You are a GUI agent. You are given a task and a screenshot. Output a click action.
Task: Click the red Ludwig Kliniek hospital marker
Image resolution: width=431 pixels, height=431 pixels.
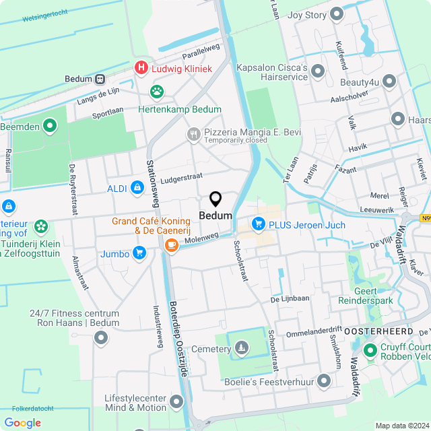coord(141,68)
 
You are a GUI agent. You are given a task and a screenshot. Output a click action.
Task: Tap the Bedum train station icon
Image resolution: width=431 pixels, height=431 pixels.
coord(100,79)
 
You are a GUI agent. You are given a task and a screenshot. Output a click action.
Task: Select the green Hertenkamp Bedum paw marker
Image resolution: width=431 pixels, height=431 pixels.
coord(157,91)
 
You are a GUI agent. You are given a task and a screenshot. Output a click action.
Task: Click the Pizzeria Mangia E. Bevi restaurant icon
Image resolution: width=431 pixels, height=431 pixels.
coord(194,135)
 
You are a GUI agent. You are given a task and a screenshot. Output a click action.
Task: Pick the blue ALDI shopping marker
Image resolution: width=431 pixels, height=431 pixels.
coord(137,187)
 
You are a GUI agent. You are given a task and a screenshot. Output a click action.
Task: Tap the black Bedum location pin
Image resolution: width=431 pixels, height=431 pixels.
coord(215,199)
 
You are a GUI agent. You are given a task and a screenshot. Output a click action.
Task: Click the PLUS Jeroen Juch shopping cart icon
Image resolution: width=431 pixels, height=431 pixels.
coord(257,224)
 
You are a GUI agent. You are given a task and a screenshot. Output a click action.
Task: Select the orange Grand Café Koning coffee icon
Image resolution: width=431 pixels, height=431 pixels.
coord(171,244)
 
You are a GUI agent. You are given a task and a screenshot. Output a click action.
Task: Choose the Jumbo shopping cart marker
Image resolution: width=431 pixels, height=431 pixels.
coord(139,253)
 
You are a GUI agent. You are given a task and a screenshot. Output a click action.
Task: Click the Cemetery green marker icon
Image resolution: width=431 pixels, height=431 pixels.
coord(241,347)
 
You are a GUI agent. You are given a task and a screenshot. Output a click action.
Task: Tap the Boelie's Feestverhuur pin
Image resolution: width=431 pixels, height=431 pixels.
coord(324,382)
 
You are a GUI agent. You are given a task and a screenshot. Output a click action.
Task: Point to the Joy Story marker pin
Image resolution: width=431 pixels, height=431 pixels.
coord(337,15)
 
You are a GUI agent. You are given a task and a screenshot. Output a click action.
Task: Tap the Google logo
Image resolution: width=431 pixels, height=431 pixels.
coord(22,422)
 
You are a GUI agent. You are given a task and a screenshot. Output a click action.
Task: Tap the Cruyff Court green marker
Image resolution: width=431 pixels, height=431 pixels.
coord(370,350)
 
